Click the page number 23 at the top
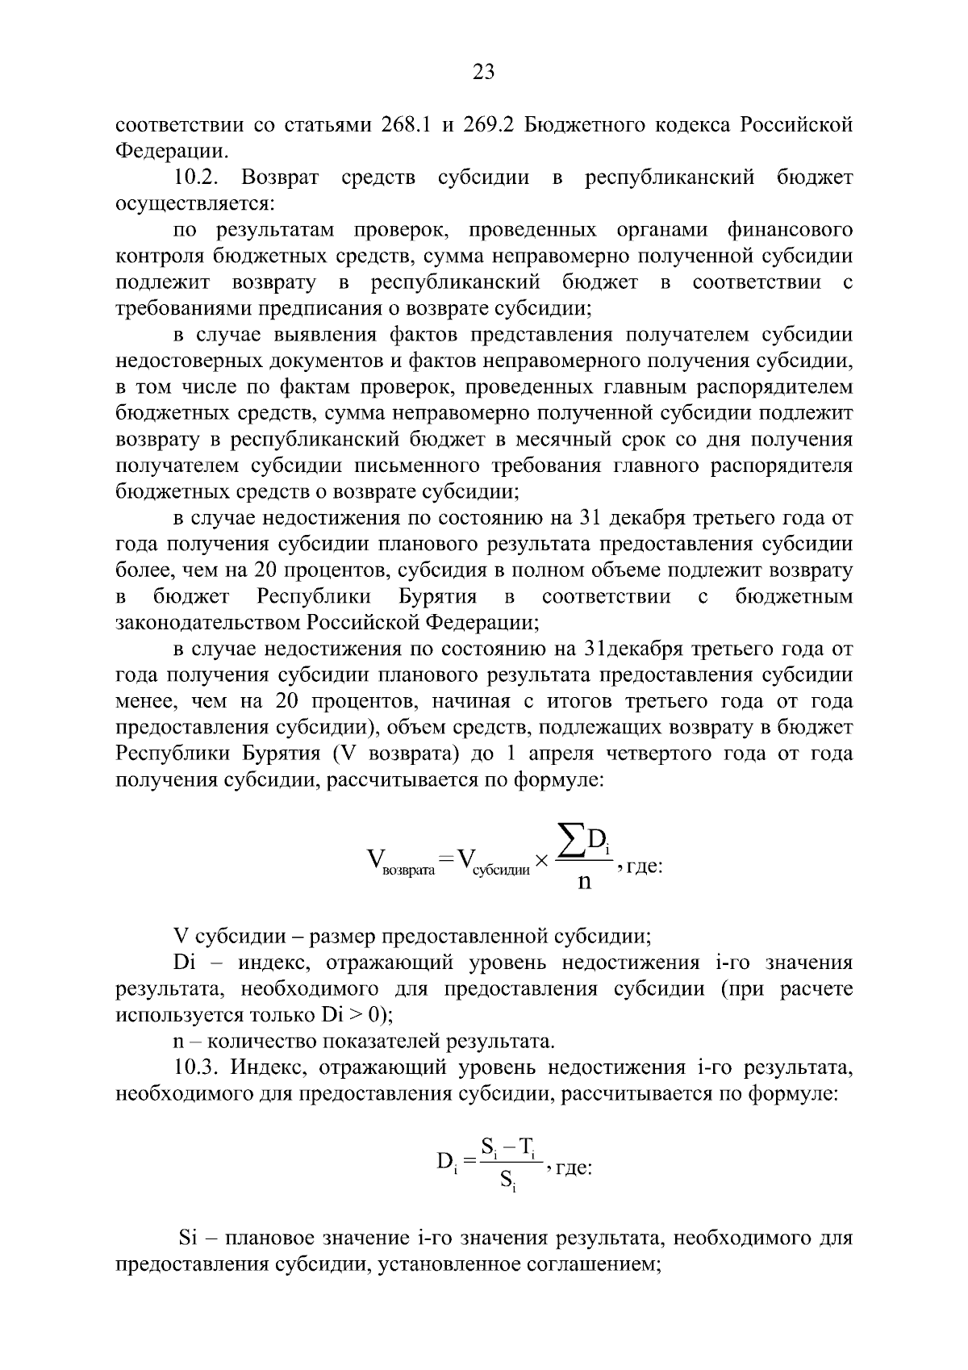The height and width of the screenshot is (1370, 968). click(483, 73)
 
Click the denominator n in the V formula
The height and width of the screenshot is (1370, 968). click(585, 881)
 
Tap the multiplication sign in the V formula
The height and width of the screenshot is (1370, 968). click(541, 862)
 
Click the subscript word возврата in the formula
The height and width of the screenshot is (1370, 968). click(407, 871)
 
